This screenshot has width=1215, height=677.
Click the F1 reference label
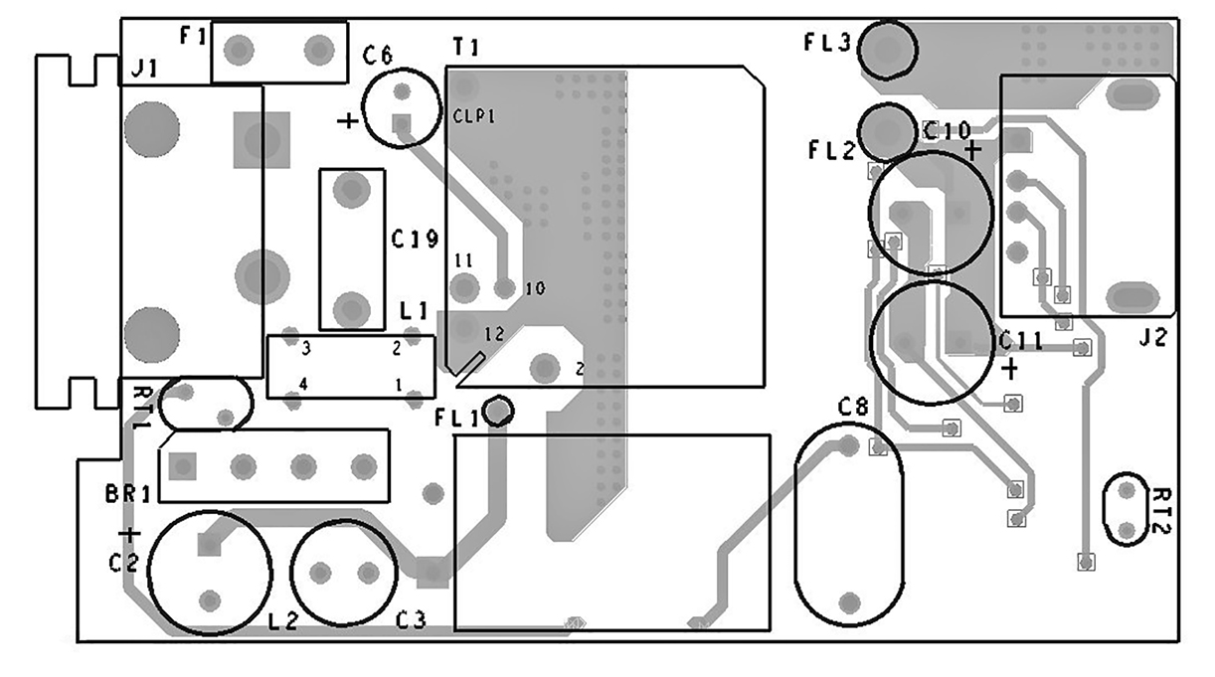click(193, 37)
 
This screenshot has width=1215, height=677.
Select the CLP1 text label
click(474, 115)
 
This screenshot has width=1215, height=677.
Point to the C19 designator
click(415, 239)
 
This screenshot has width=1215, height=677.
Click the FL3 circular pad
click(887, 50)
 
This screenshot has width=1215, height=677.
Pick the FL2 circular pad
click(887, 132)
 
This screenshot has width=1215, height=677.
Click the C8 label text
click(853, 407)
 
